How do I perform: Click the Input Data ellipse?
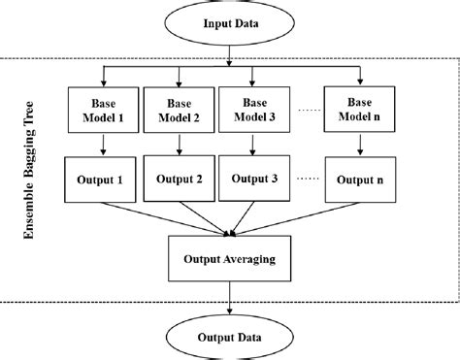coord(229,24)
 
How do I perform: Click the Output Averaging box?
coord(229,260)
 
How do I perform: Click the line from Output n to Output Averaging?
coord(296,217)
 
